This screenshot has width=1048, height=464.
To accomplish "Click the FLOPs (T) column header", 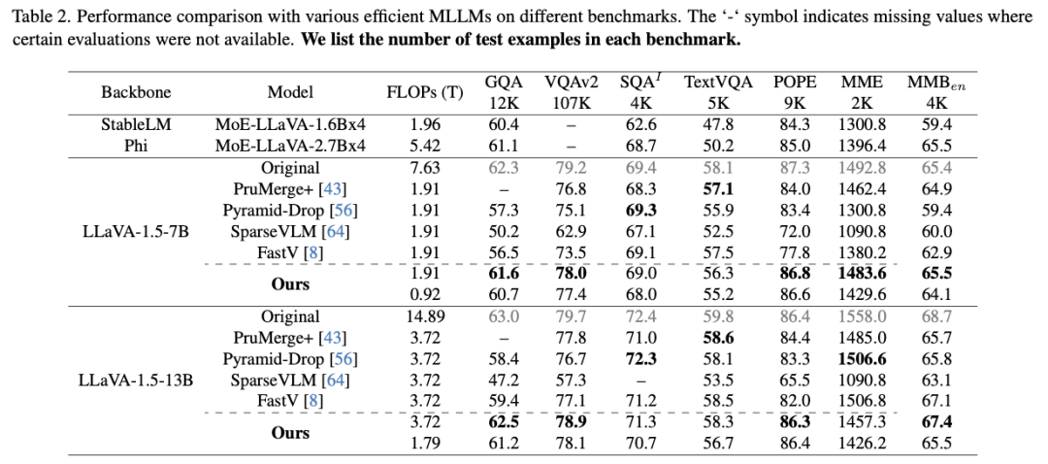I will click(425, 92).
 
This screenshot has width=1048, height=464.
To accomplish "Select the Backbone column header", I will click(136, 92).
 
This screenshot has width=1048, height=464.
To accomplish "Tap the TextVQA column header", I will click(718, 83).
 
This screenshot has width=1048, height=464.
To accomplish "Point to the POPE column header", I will click(795, 83).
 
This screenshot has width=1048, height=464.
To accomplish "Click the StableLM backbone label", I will click(136, 124).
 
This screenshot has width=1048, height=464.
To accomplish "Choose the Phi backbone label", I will click(136, 145).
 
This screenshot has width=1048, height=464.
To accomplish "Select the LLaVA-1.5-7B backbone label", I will click(136, 231).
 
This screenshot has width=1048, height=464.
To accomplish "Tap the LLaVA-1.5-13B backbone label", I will click(136, 380).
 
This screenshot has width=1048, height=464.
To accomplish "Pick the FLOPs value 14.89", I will click(425, 316).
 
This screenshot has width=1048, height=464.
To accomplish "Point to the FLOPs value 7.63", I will click(425, 168).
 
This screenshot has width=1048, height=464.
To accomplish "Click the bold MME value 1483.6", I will click(861, 274).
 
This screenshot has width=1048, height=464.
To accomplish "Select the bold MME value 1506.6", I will click(861, 359).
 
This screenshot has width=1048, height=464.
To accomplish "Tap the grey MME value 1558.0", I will click(861, 316).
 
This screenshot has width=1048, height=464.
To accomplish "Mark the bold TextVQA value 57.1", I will click(718, 188).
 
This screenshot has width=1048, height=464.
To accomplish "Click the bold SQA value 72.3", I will click(639, 359).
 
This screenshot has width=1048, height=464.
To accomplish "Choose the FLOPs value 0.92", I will click(425, 295).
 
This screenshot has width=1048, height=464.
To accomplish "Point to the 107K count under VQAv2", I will click(570, 103).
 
